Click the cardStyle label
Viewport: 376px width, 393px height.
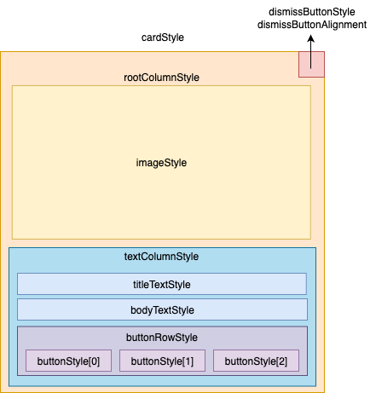point(162,38)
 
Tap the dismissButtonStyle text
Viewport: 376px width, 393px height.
point(311,12)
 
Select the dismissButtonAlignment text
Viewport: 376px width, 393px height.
point(311,26)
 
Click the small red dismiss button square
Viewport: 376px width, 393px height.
point(311,64)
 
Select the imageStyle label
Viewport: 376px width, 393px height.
point(162,162)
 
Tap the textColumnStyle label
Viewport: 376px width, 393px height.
point(162,257)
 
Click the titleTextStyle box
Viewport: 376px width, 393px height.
point(162,284)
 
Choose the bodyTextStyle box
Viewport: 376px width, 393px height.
point(162,309)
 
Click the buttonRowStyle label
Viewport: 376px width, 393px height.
point(162,337)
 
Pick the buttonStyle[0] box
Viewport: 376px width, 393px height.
point(68,361)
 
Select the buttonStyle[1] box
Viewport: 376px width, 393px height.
point(162,361)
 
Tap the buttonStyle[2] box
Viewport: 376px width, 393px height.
point(256,361)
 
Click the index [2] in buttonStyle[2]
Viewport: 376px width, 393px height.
point(281,361)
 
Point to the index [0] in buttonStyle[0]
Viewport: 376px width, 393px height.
point(94,361)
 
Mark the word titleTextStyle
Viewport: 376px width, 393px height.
point(162,284)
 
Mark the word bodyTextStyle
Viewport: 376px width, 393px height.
point(162,309)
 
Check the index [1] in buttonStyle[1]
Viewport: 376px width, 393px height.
point(188,361)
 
